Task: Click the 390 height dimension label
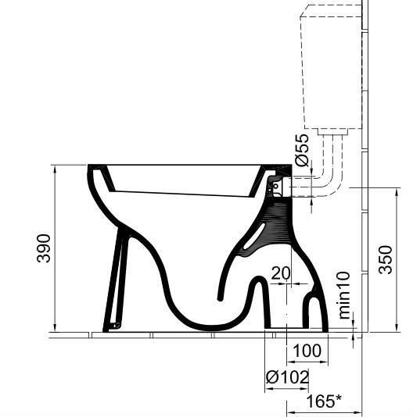click(x=44, y=248)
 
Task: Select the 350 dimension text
click(x=386, y=260)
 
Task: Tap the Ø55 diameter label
click(x=303, y=150)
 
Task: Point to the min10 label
click(x=344, y=295)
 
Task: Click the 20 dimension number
click(x=281, y=273)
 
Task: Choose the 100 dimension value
click(x=307, y=351)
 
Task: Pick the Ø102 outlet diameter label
click(x=288, y=377)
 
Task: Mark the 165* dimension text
click(x=324, y=401)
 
